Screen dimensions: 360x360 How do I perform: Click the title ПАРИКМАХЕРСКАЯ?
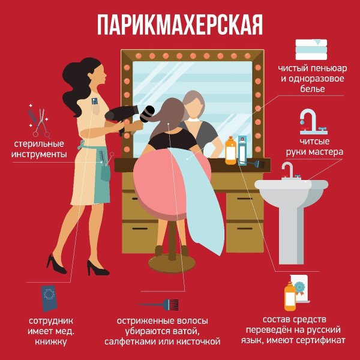(180, 25)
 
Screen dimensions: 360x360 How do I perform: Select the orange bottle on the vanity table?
(230, 151)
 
